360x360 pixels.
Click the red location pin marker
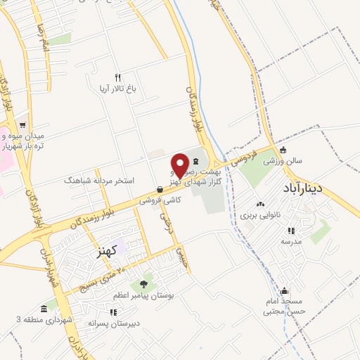pos(181,165)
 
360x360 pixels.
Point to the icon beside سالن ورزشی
pos(283,150)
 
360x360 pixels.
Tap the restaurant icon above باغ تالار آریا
pos(118,77)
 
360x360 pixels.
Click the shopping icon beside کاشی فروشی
pos(160,189)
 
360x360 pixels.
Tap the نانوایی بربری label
pos(261,215)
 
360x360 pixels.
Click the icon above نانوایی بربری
pos(261,205)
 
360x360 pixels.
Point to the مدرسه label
pos(290,241)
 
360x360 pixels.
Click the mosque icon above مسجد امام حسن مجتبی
pos(284,291)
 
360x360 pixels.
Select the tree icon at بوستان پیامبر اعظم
pos(143,284)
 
